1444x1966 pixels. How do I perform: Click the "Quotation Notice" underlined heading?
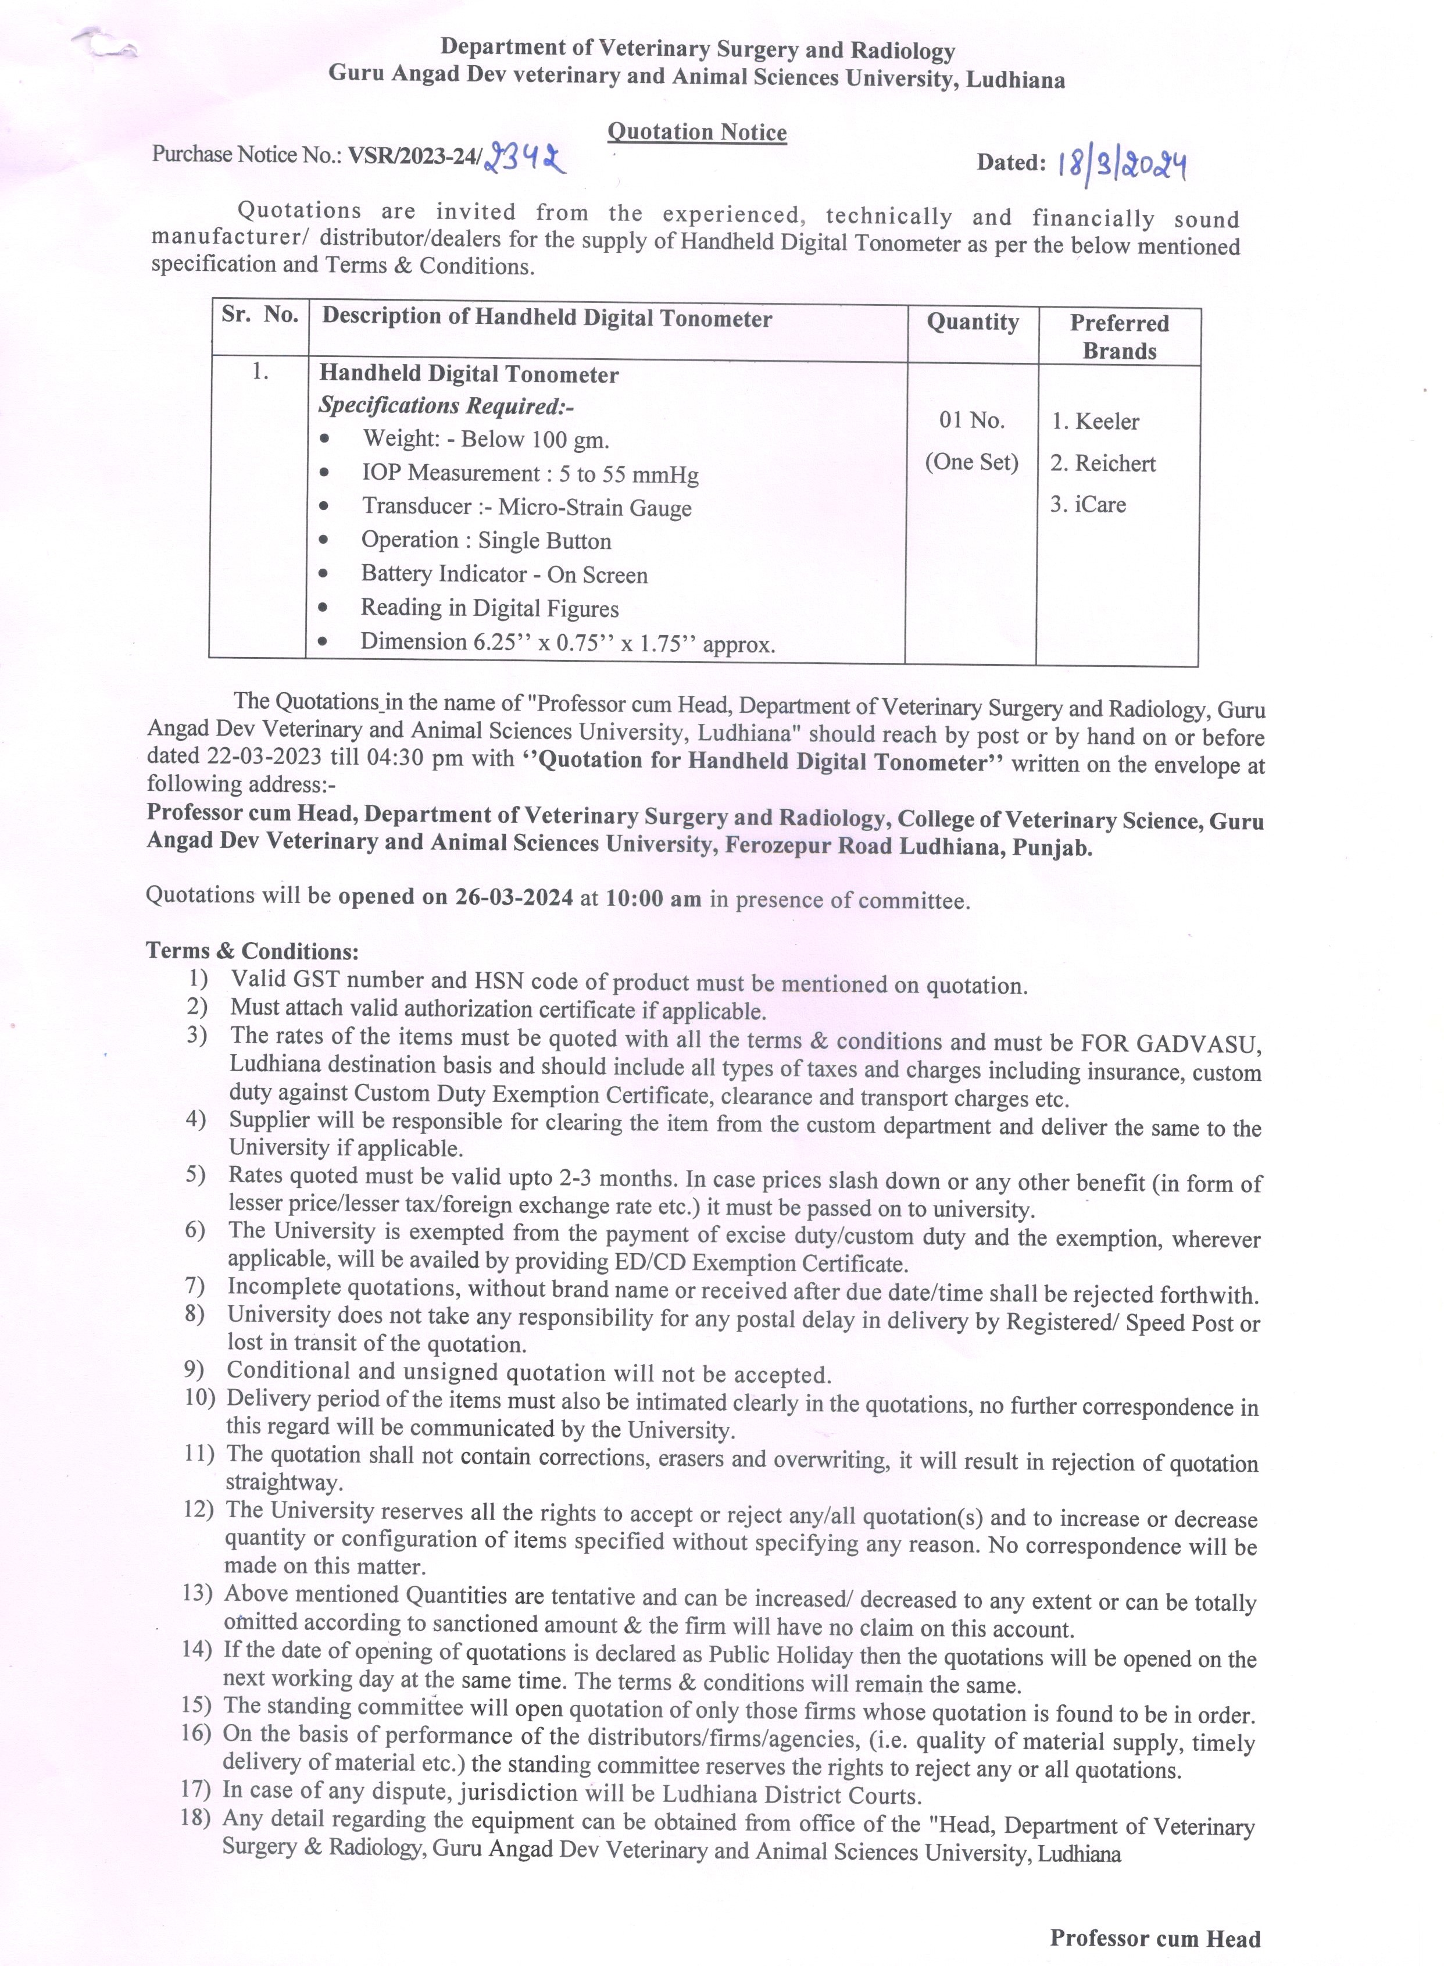click(696, 132)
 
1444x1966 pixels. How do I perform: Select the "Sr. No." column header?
click(260, 316)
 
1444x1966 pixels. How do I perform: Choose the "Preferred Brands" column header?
click(1119, 337)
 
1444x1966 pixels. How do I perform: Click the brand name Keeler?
click(1107, 422)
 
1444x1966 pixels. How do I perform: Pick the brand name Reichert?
click(1114, 463)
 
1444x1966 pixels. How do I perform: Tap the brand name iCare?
click(1100, 504)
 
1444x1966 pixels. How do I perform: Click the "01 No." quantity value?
click(972, 420)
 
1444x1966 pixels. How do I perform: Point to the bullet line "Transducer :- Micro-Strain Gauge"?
click(526, 507)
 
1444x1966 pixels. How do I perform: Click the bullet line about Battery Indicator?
click(505, 575)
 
